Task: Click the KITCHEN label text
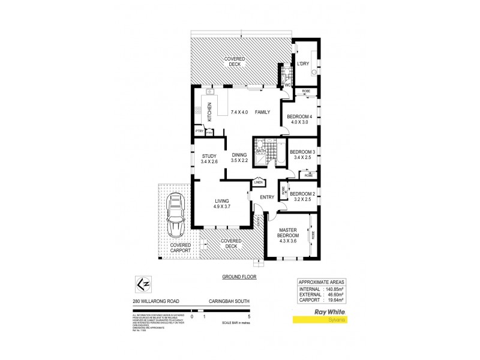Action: [x=209, y=112]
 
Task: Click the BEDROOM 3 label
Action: [x=302, y=152]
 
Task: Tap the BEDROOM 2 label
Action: [x=302, y=194]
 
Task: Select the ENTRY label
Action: [x=267, y=197]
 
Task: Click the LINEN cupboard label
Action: [x=259, y=182]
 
